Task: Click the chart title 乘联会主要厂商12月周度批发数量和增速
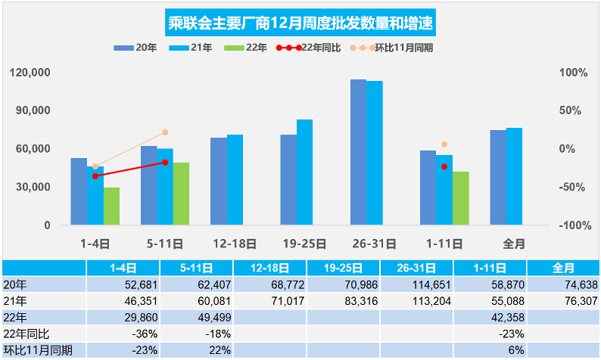point(300,21)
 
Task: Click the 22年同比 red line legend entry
point(308,47)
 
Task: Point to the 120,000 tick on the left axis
point(31,73)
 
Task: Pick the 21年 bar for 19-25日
point(304,172)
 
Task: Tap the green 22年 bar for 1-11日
point(461,198)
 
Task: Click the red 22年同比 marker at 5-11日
point(165,163)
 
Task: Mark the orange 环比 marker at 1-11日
point(444,144)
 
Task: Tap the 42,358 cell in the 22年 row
point(489,317)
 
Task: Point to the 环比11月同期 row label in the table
point(43,350)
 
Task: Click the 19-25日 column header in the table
point(343,268)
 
